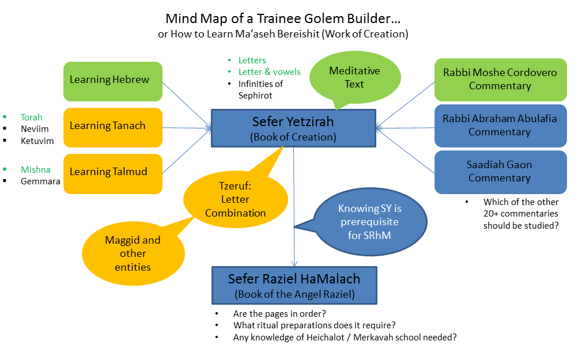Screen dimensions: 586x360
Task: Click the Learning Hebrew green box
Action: click(x=113, y=81)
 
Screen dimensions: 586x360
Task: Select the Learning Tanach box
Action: click(x=113, y=127)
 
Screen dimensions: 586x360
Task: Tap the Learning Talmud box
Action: click(x=113, y=173)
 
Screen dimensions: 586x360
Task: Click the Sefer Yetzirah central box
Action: click(x=293, y=128)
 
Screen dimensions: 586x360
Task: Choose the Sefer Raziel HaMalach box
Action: click(x=294, y=285)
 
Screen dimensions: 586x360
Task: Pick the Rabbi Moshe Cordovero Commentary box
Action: click(x=500, y=79)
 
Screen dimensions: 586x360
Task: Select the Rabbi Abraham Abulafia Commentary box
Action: click(x=500, y=126)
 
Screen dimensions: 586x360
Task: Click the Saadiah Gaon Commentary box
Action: click(x=500, y=172)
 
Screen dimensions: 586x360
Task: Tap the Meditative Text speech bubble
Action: click(x=355, y=77)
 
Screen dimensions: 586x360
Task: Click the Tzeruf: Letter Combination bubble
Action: click(x=236, y=199)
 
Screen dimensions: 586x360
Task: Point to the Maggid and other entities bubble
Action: click(x=134, y=253)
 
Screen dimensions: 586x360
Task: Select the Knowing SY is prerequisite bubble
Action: click(x=370, y=221)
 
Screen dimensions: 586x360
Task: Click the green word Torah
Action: click(x=31, y=118)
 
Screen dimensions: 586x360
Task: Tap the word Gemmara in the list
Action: click(x=40, y=181)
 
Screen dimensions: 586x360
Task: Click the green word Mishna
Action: click(x=36, y=169)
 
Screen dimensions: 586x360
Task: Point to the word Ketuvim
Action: click(x=37, y=141)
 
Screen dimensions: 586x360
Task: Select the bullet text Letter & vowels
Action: click(x=270, y=71)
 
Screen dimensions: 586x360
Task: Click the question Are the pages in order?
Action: click(x=279, y=314)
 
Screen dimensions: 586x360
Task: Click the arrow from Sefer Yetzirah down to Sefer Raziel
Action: click(x=294, y=207)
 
